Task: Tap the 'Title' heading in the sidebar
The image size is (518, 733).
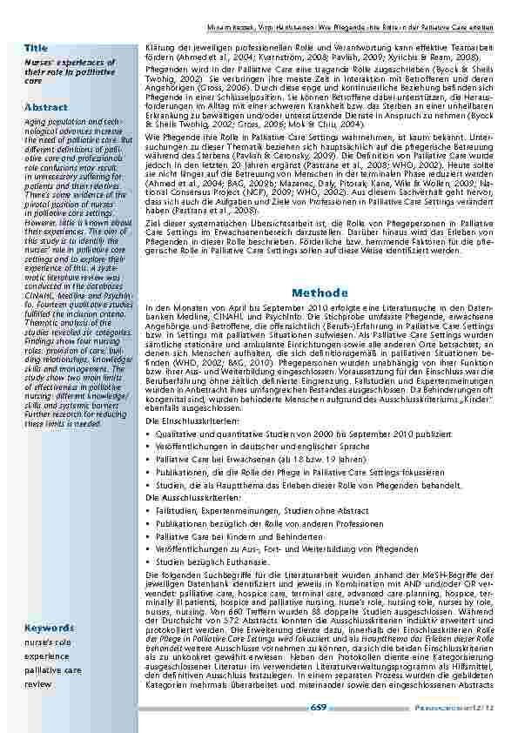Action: [x=36, y=46]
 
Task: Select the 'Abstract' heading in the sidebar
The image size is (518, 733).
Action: [x=45, y=106]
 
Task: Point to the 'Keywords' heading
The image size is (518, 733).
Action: [x=49, y=628]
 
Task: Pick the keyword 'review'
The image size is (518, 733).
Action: [x=37, y=684]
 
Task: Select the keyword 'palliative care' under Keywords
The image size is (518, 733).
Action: [x=53, y=671]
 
